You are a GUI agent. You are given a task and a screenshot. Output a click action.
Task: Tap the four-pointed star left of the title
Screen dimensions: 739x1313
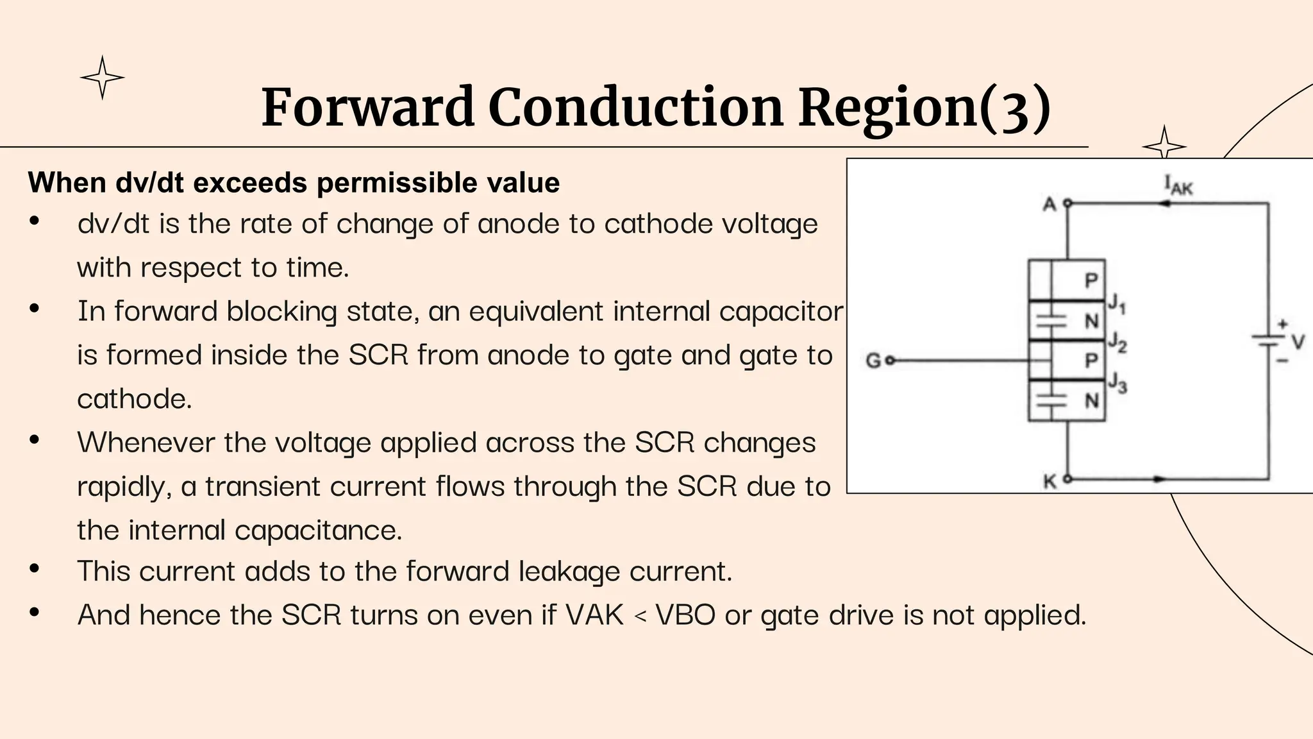coord(102,78)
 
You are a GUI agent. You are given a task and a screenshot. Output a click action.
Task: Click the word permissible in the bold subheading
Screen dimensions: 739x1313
coord(397,183)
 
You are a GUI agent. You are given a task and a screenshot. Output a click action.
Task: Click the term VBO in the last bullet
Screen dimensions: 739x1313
coord(685,615)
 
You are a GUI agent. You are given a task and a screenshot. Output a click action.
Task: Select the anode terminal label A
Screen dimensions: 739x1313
coord(1050,205)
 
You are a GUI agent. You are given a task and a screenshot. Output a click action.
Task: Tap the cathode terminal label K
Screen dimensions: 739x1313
coord(1050,481)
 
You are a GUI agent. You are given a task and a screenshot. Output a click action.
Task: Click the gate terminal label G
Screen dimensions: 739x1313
coord(873,361)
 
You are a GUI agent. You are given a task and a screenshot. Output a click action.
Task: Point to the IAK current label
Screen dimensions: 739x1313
coord(1178,185)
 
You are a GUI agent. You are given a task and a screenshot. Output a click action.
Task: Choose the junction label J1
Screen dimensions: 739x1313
coord(1117,303)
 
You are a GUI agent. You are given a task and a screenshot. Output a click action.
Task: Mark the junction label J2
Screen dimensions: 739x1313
coord(1117,343)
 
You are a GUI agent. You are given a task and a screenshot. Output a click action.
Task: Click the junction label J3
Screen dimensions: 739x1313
coord(1117,383)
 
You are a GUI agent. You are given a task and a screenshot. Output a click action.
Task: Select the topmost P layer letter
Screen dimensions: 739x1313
coord(1091,280)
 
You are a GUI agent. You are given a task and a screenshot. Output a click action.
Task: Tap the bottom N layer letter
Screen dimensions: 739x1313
coord(1091,401)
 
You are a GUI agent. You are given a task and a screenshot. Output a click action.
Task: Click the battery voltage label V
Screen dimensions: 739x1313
coord(1298,342)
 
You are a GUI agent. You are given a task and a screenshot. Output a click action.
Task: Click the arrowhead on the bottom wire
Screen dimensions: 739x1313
coord(1159,479)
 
